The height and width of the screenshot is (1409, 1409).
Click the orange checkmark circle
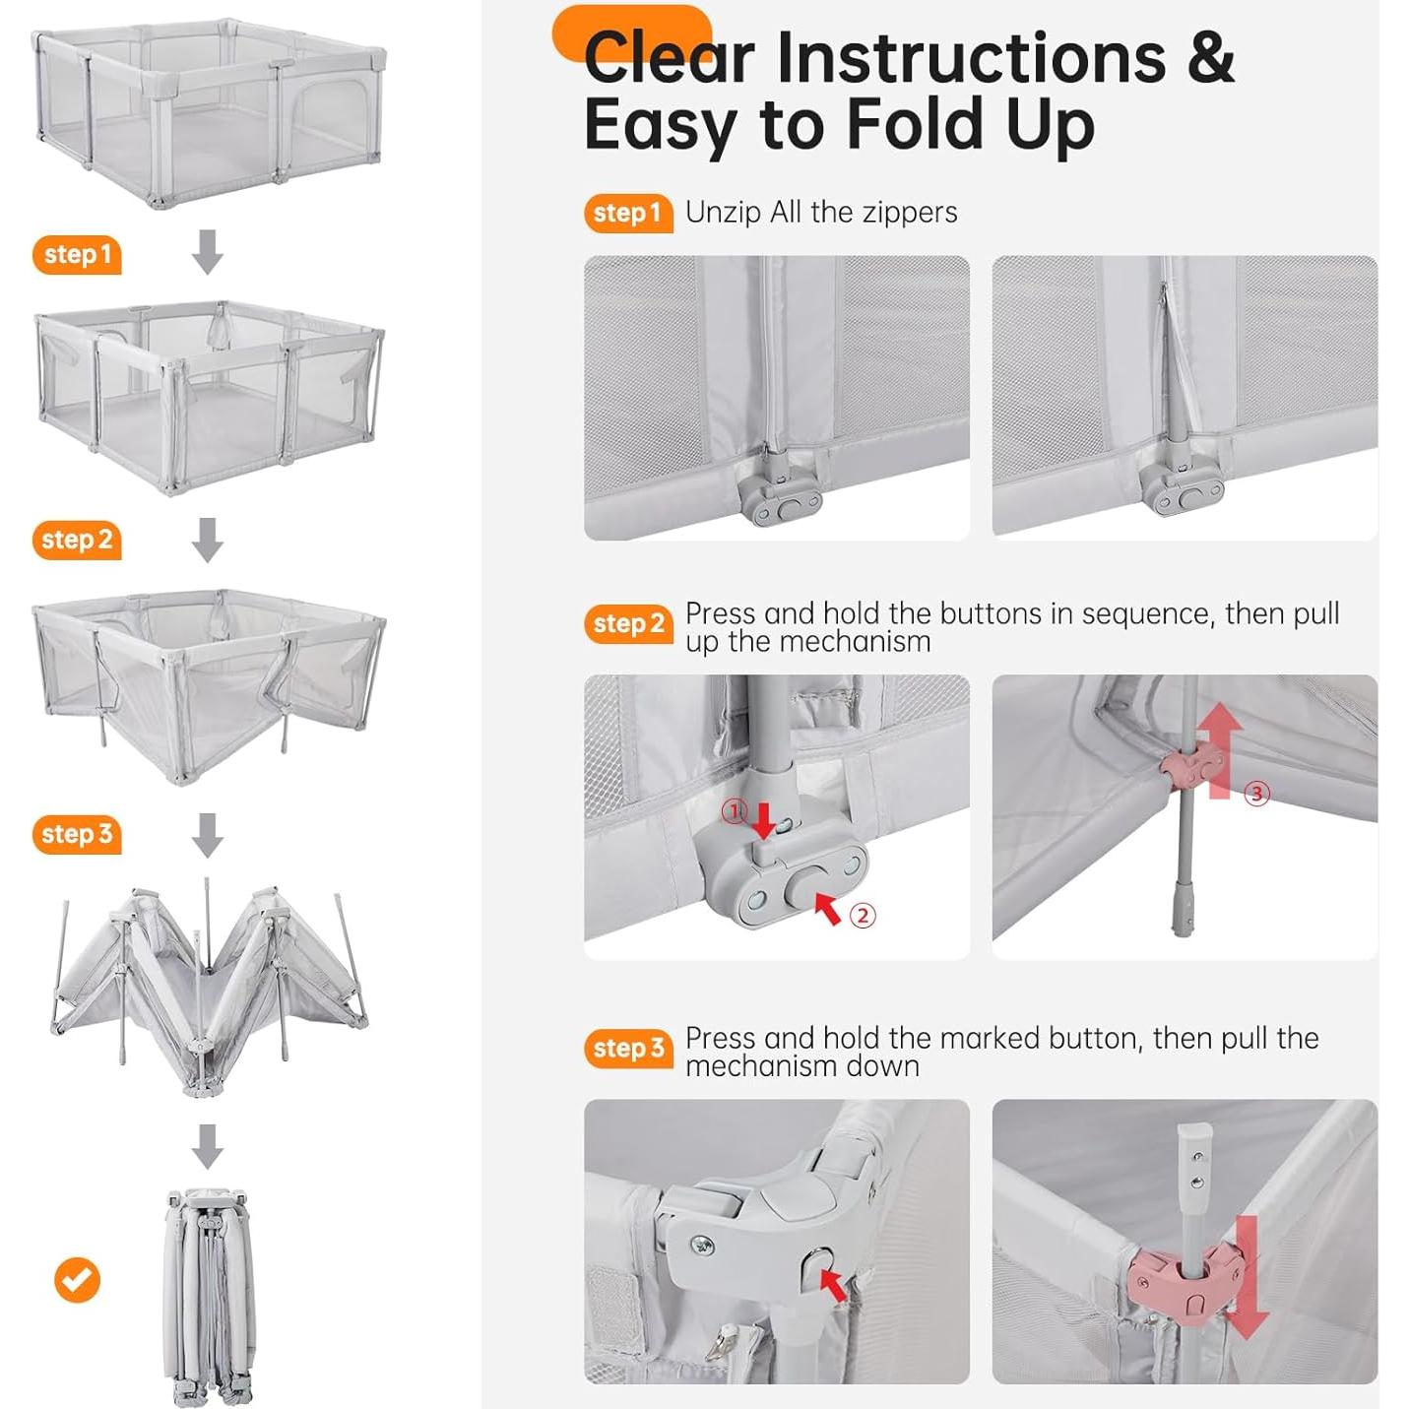77,1280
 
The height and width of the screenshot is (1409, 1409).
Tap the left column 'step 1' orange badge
77,255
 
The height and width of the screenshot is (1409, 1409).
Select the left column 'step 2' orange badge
77,540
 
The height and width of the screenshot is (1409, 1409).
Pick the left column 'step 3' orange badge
77,834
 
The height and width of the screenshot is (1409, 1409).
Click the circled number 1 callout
735,810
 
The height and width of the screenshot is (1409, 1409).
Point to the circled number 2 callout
863,916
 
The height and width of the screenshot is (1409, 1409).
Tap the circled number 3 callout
1256,794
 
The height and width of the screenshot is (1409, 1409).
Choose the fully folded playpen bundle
209,1298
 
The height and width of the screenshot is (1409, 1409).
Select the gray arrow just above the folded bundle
207,1146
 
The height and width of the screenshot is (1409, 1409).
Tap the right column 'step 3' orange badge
628,1049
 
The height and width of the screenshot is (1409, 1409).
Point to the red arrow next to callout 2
828,908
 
